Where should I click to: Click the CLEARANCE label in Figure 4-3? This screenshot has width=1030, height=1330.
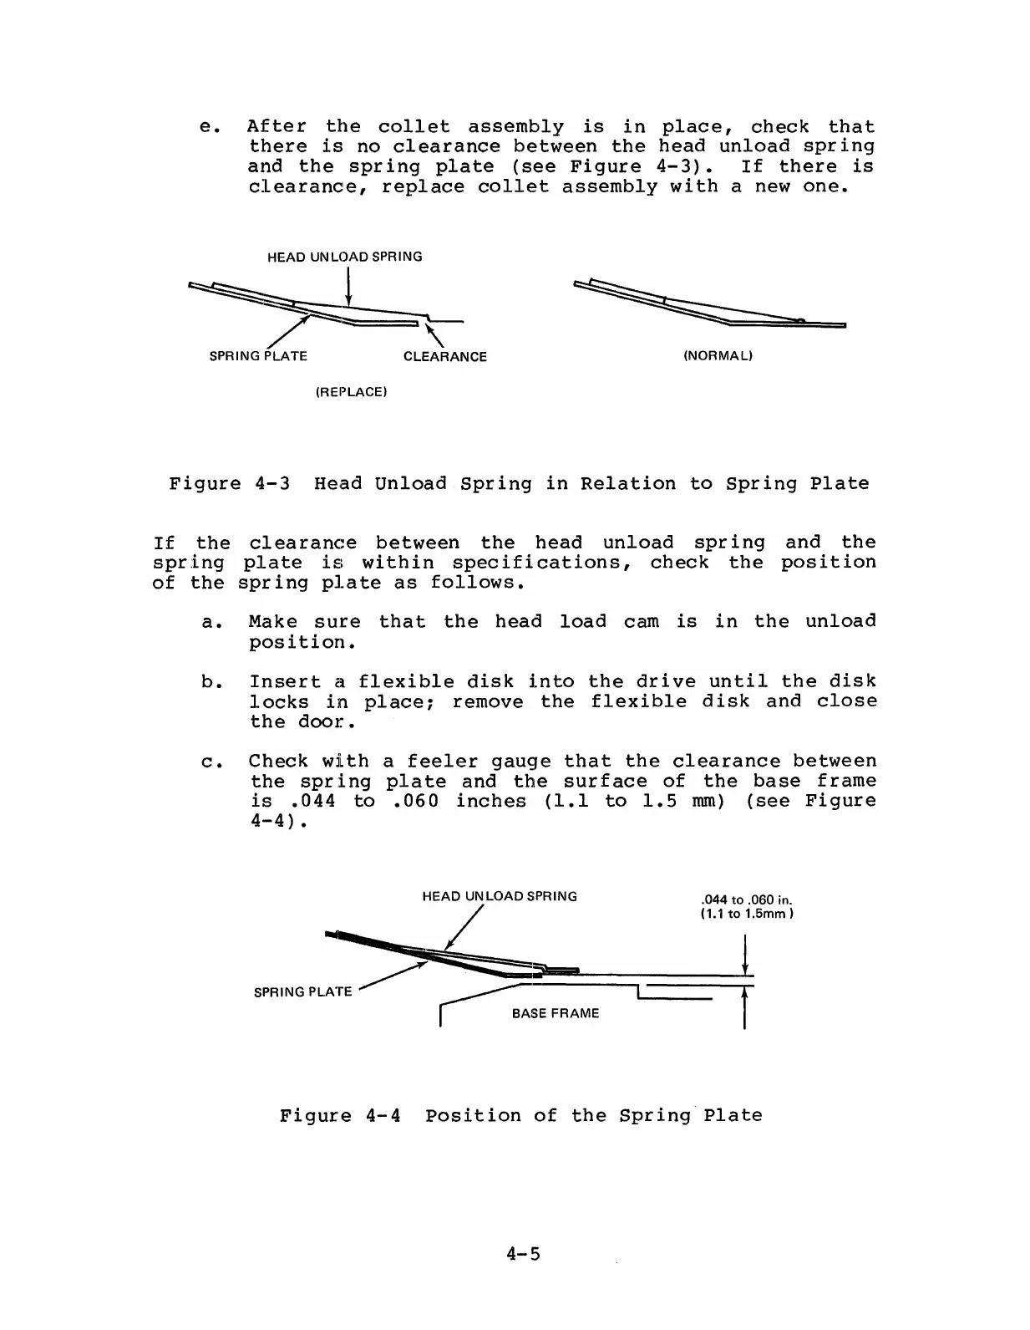(444, 357)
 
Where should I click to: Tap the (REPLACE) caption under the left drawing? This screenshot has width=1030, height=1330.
(351, 392)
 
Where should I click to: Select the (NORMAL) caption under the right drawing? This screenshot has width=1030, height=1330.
(718, 356)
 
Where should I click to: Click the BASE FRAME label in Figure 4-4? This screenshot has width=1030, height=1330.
(556, 1013)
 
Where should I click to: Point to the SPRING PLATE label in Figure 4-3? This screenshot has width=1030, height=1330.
(258, 356)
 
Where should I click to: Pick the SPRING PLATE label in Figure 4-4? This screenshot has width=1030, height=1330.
(302, 992)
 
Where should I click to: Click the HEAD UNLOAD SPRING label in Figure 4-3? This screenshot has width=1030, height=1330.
(344, 257)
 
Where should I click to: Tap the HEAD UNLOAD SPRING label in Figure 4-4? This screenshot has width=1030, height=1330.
(500, 896)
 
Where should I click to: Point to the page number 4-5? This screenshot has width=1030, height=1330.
(524, 1254)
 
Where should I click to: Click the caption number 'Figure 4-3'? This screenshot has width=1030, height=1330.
(230, 484)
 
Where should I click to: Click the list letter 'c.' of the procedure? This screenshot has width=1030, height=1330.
(209, 762)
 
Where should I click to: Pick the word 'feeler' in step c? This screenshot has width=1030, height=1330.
(442, 762)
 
